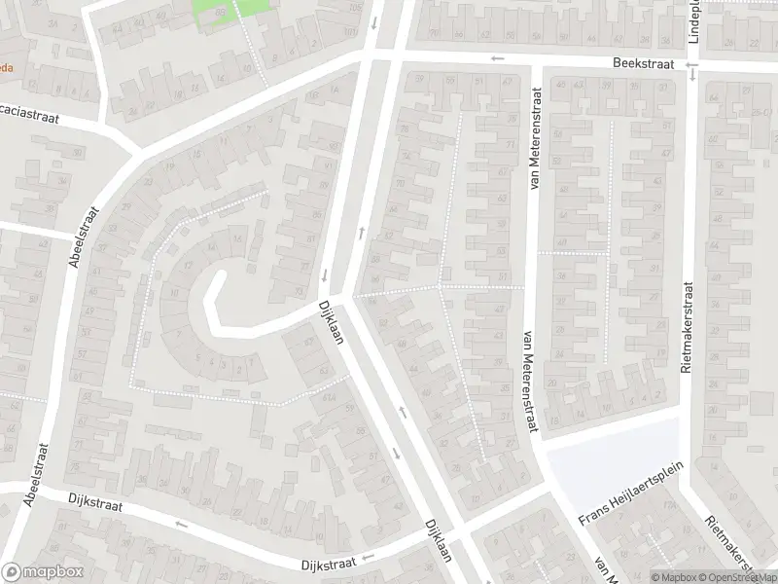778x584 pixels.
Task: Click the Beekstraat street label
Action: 643,62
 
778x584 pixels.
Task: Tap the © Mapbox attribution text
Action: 673,577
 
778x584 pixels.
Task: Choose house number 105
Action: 352,8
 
